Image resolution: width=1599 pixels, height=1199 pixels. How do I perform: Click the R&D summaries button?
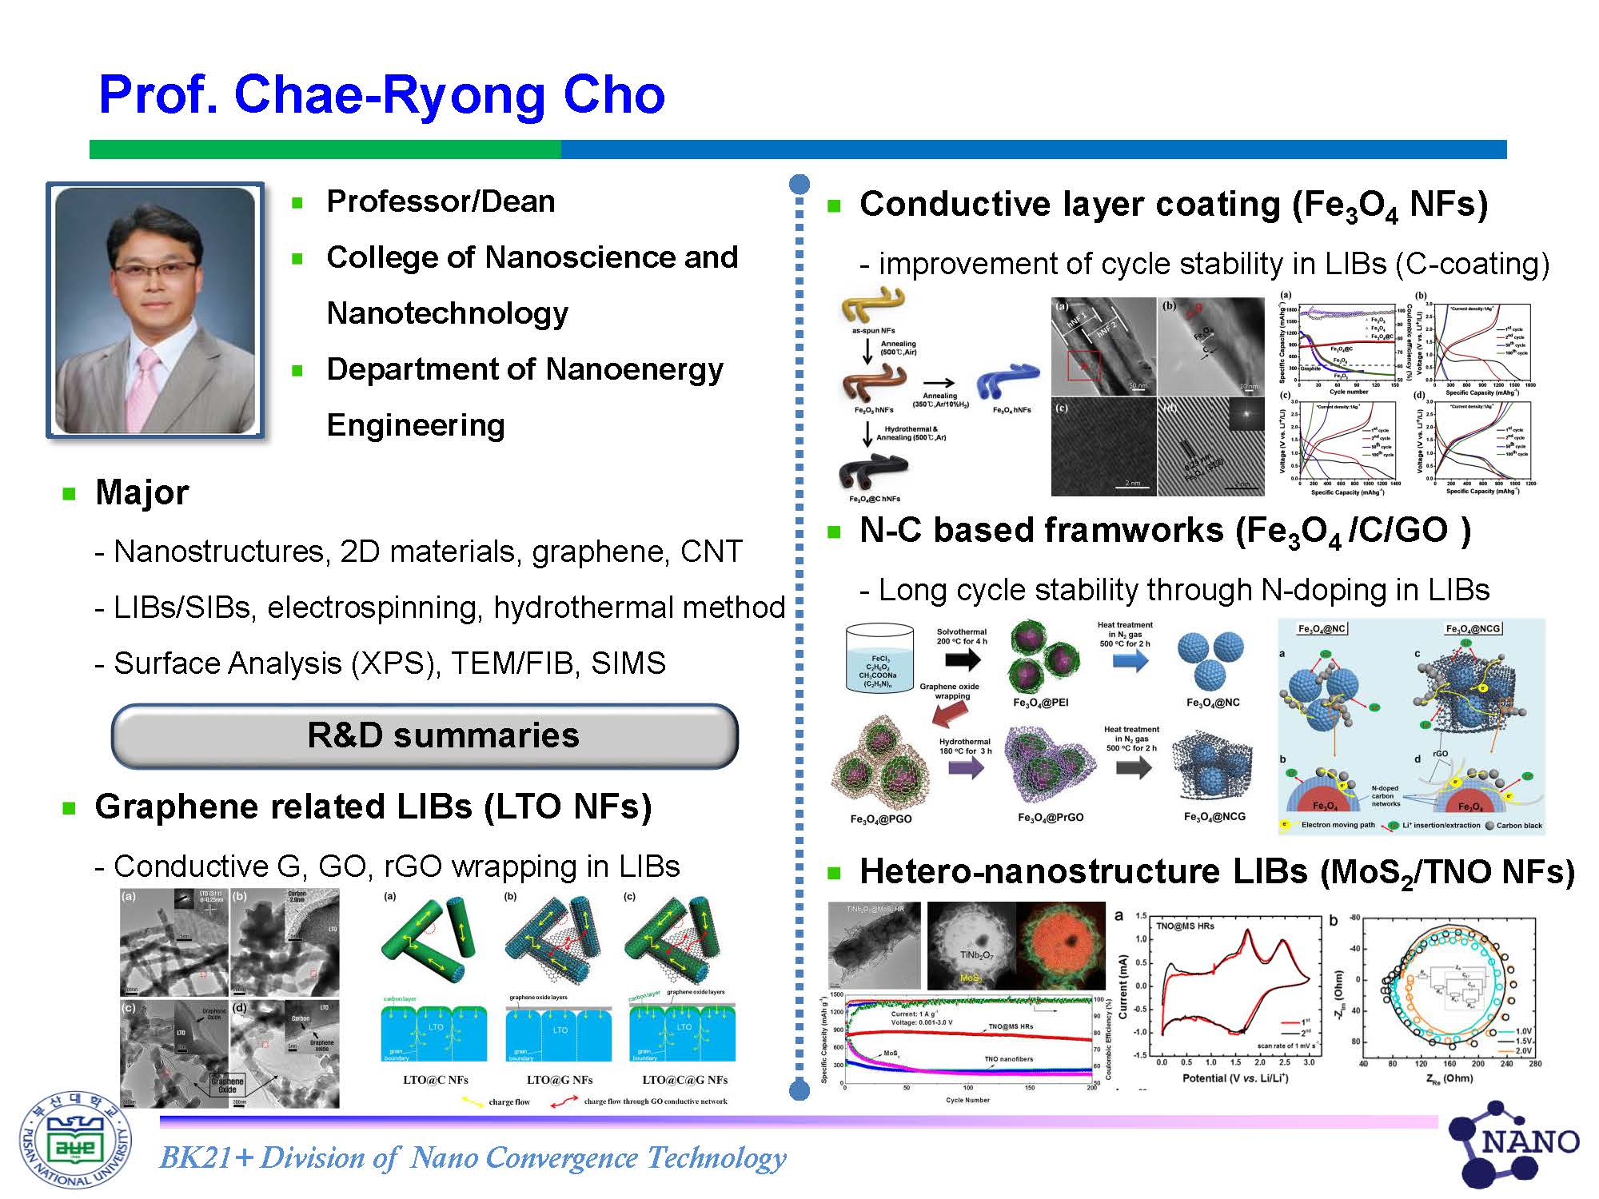(425, 735)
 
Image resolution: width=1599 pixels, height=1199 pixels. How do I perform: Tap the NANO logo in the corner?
(1514, 1143)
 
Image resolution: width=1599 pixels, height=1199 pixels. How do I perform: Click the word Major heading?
(142, 492)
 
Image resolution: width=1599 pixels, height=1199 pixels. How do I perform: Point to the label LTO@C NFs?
(435, 1080)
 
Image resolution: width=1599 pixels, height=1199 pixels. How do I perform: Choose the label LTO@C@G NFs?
(684, 1080)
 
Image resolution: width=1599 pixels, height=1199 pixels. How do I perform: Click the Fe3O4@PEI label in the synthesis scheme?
(1040, 703)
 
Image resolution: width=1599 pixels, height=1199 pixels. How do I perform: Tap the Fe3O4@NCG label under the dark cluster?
(1214, 817)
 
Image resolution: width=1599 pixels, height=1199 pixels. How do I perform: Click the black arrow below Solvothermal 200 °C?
(962, 659)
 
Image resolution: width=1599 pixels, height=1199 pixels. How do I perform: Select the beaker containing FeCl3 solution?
(879, 659)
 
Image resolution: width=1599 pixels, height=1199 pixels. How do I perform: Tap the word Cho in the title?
(614, 94)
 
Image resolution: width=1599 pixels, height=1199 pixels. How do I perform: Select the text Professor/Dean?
(441, 201)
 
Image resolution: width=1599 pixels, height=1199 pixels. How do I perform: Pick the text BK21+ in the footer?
(206, 1157)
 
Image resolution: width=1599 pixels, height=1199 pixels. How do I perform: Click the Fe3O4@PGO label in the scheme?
(880, 819)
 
